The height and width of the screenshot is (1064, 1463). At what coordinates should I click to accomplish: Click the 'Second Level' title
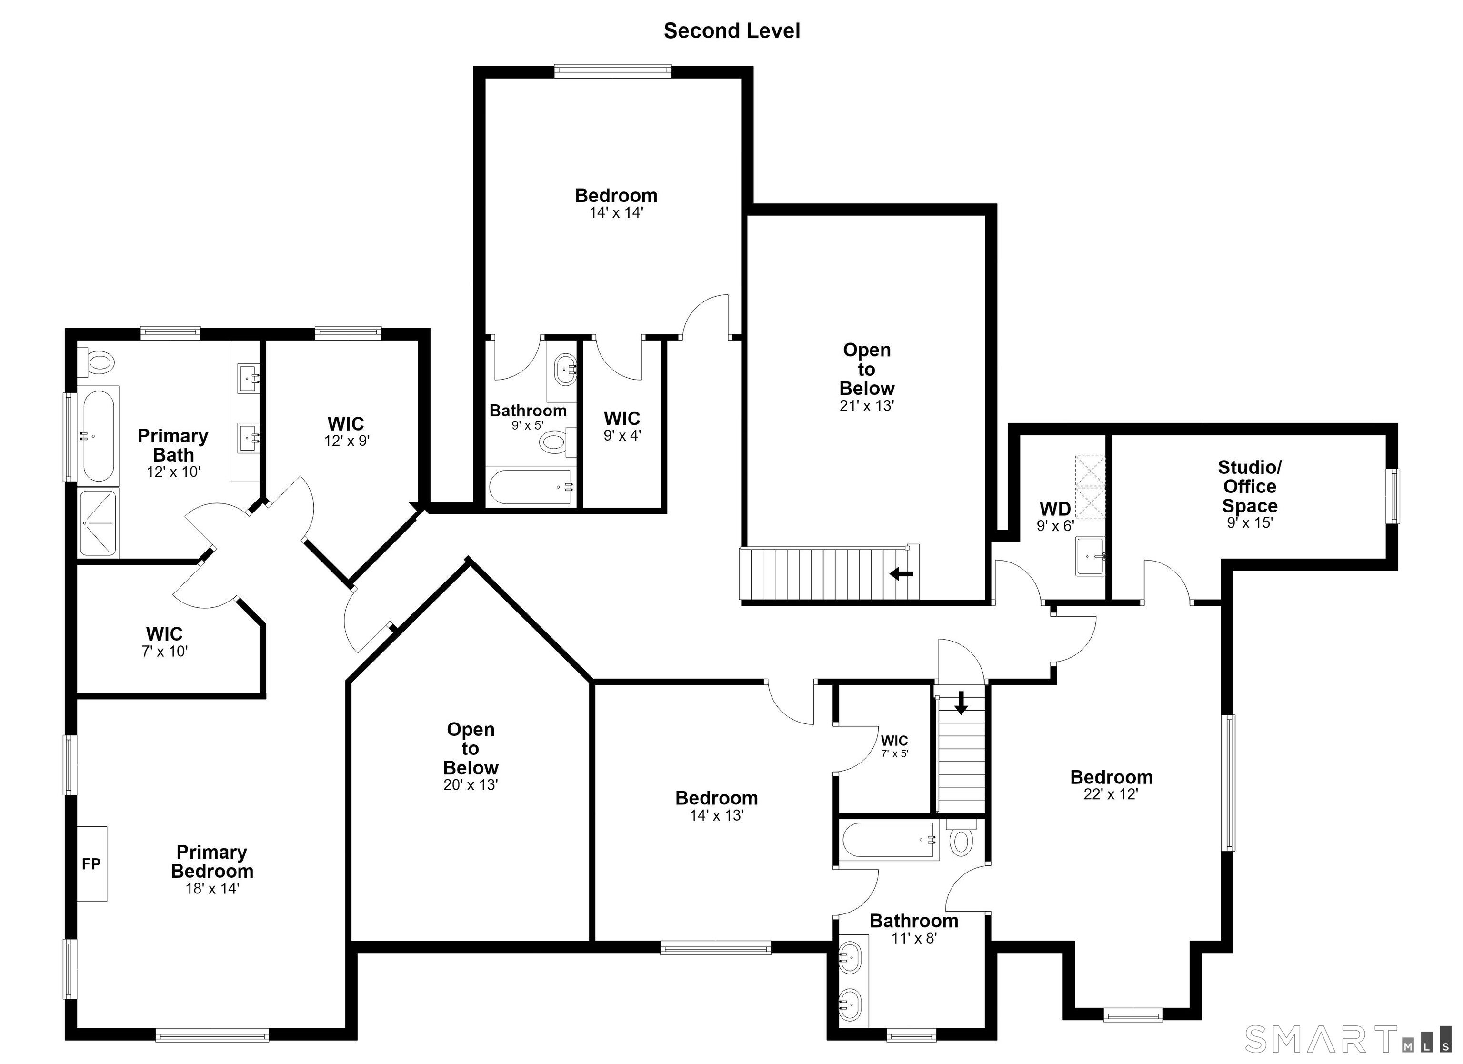731,31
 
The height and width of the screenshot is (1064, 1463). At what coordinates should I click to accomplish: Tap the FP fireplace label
91,863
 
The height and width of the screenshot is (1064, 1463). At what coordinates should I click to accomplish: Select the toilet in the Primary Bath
96,362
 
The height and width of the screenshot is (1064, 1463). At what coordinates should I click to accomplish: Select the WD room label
1055,509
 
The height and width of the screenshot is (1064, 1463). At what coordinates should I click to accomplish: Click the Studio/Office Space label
1250,486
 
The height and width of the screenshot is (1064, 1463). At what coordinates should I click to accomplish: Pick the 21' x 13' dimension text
867,406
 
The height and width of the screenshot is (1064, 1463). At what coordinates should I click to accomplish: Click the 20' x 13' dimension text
471,785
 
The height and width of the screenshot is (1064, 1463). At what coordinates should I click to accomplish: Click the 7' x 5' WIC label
895,745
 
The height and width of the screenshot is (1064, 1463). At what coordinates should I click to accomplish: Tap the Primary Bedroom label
212,862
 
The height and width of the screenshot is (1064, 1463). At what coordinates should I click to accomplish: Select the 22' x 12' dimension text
1111,794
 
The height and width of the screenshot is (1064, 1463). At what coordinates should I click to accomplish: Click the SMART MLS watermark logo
1348,1039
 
